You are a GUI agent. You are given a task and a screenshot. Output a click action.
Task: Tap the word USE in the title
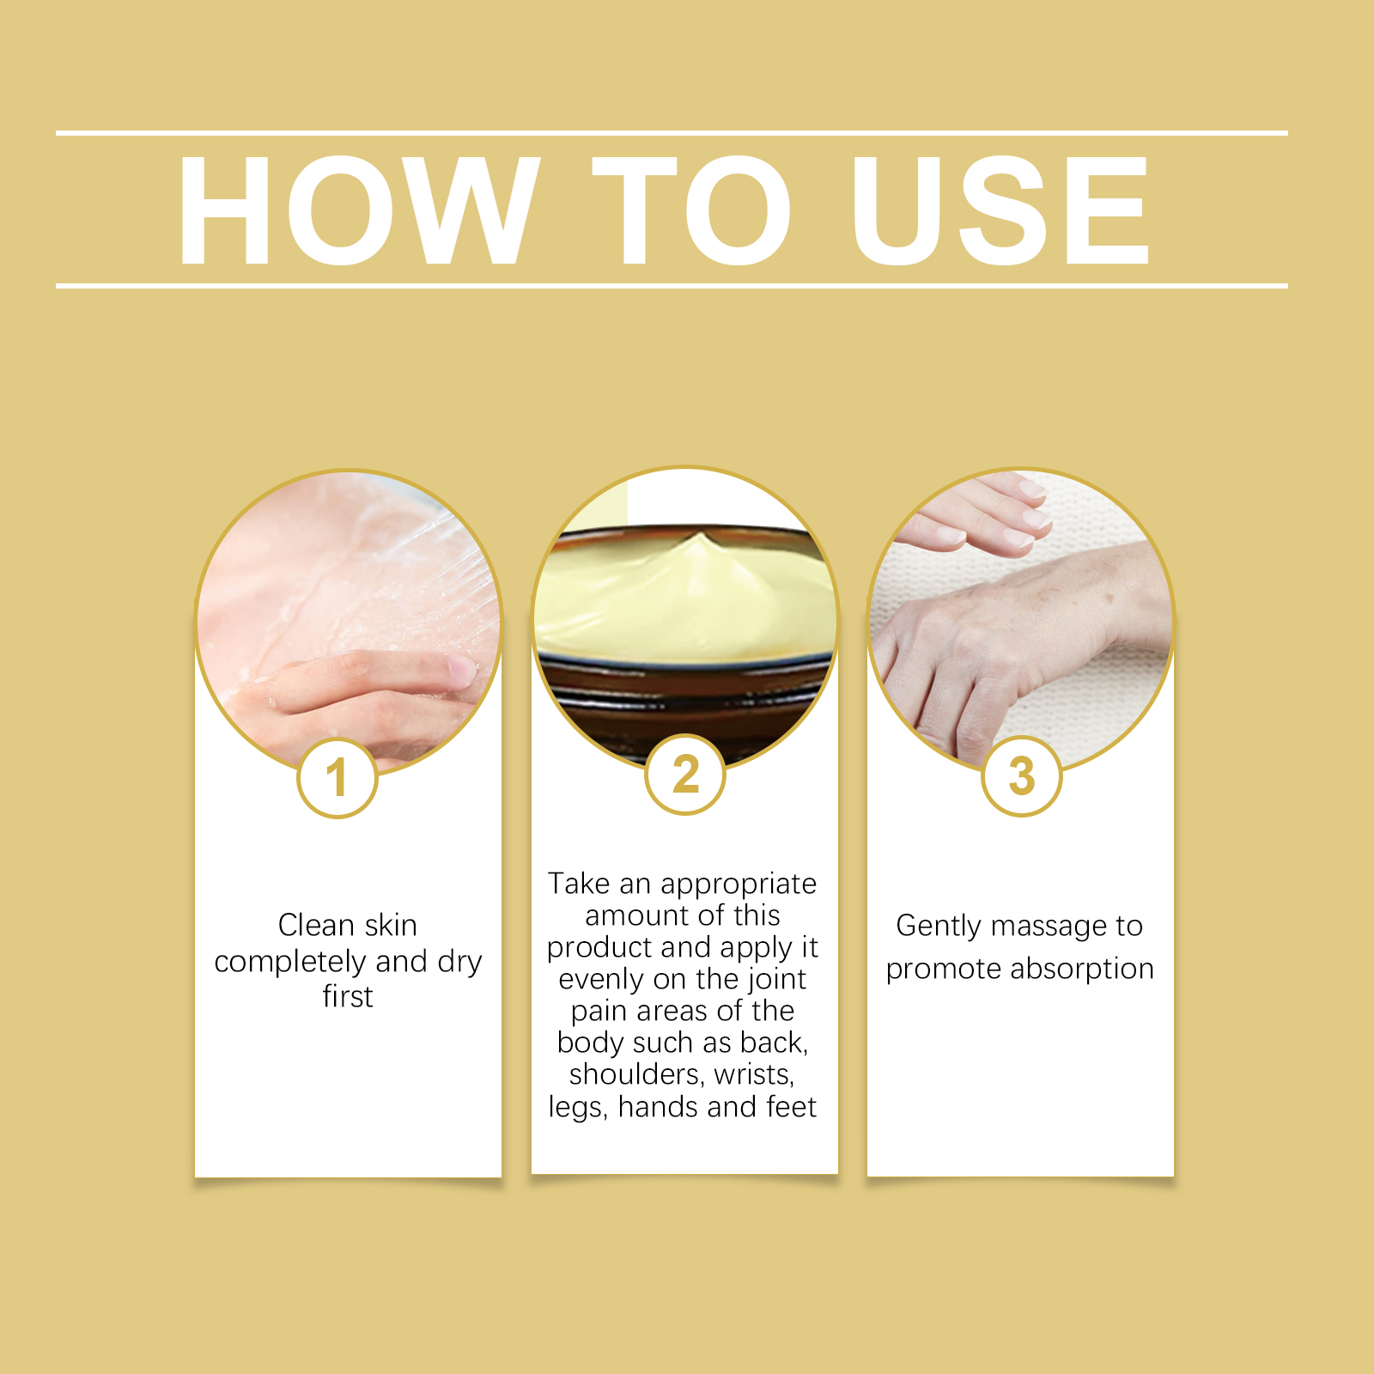[1000, 210]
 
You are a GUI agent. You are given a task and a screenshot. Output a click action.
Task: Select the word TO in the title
[691, 210]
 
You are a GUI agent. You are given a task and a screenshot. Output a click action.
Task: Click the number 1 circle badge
[337, 778]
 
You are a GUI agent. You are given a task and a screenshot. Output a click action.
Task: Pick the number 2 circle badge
[685, 775]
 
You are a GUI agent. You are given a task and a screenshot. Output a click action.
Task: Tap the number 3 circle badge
[1022, 776]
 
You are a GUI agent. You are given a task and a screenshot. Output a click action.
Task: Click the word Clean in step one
[316, 925]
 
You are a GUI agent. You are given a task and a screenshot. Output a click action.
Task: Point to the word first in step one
[348, 996]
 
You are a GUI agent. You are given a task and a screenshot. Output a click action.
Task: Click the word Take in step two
[579, 884]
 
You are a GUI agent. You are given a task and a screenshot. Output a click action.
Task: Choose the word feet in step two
[791, 1107]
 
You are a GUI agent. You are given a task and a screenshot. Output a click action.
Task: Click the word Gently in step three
[939, 926]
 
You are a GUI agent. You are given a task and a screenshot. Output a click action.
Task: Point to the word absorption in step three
[1082, 969]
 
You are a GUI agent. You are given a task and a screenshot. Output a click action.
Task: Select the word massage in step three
[1049, 926]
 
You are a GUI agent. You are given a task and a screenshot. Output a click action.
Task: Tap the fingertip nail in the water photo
[460, 670]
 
